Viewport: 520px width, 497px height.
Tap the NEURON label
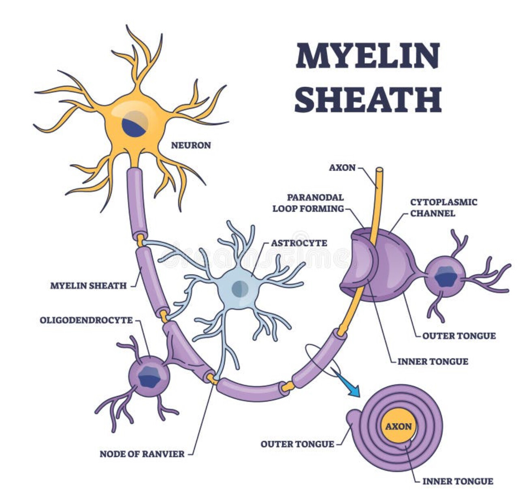click(x=191, y=145)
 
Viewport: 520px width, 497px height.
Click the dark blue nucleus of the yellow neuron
click(x=134, y=124)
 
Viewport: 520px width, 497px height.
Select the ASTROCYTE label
click(x=299, y=243)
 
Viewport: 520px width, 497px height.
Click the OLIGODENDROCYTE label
click(x=86, y=320)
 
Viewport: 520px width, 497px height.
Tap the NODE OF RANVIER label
click(x=142, y=454)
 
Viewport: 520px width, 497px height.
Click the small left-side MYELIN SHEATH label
click(x=88, y=286)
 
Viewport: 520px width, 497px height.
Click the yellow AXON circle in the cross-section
click(x=398, y=427)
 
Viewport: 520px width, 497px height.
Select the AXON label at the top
click(x=342, y=167)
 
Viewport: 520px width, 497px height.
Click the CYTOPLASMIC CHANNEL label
click(x=443, y=208)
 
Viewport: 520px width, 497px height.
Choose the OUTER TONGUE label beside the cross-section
click(x=297, y=444)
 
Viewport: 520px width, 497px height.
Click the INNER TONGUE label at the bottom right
click(x=458, y=482)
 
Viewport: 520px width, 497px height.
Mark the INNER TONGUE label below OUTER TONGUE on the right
click(x=433, y=361)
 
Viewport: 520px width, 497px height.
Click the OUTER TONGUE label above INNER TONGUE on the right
click(x=459, y=336)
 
